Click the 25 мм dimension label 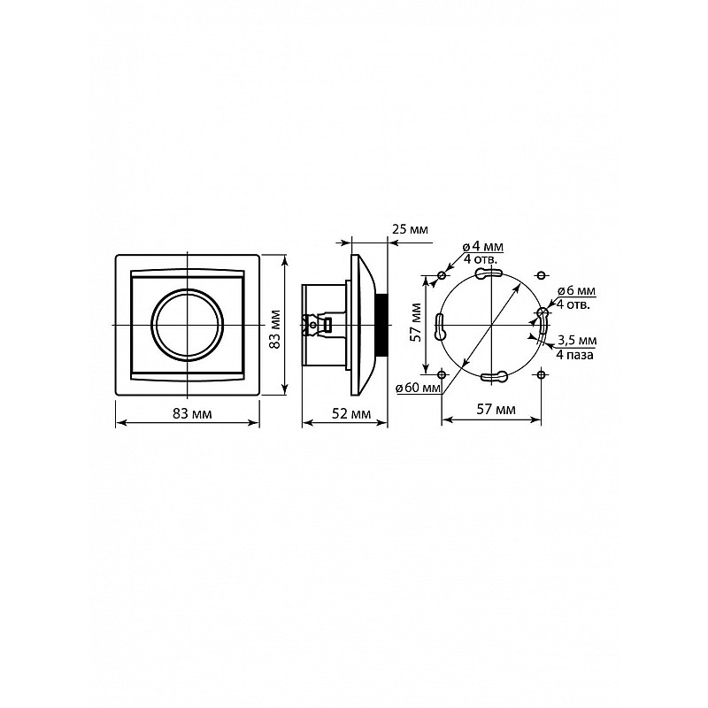pyautogui.click(x=410, y=229)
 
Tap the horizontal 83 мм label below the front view pyautogui.click(x=192, y=413)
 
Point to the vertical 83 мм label pyautogui.click(x=274, y=328)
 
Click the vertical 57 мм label pyautogui.click(x=416, y=322)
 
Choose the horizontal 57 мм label pyautogui.click(x=496, y=410)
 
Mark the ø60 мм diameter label pyautogui.click(x=418, y=388)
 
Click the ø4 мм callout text pyautogui.click(x=482, y=247)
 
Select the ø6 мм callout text pyautogui.click(x=577, y=291)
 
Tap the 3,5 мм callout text pyautogui.click(x=577, y=340)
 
